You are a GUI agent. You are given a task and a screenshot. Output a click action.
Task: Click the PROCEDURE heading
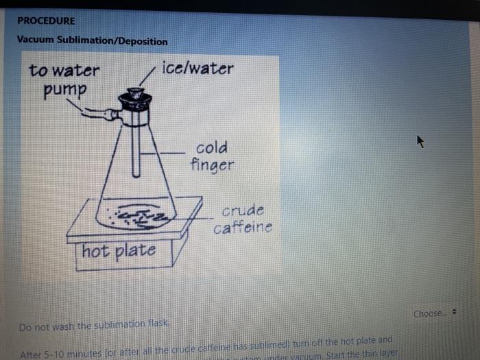click(x=46, y=21)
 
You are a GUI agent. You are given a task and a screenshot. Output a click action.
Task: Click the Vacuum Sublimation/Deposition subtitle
click(x=92, y=41)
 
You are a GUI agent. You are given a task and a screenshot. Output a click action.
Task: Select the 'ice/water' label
click(x=198, y=69)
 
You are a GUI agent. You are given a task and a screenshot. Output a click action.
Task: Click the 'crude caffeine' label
click(x=243, y=219)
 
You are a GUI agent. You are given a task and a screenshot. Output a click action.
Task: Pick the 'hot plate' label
click(x=119, y=251)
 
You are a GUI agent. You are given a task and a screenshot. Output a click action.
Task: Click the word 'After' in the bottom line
click(x=31, y=355)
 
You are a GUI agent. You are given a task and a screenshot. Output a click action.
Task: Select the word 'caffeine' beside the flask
click(x=243, y=227)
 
